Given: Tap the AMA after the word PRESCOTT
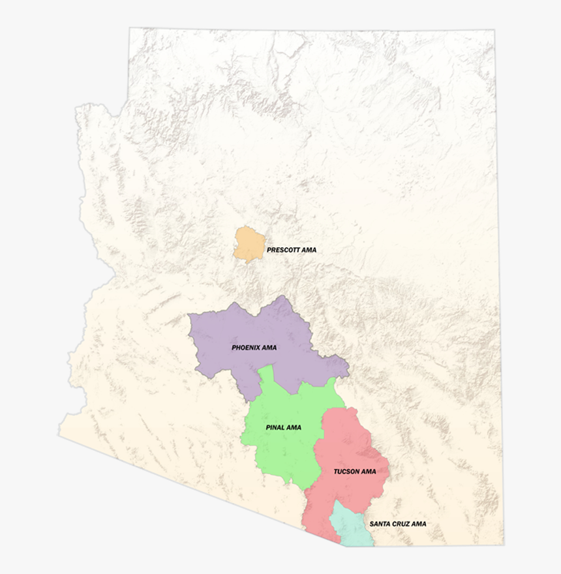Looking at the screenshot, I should pos(309,250).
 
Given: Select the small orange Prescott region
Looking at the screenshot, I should pos(248,244).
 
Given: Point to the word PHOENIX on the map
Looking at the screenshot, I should pos(246,348).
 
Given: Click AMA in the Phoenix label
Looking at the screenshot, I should pos(269,348).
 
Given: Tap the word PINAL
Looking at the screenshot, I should pos(275,428).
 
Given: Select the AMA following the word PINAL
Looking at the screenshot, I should pos(294,428).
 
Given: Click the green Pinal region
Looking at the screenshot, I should pos(280,450).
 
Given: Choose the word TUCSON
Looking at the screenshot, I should pos(346,472).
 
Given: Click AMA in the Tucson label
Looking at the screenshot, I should pos(369,472).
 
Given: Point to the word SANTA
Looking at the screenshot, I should pos(380,524).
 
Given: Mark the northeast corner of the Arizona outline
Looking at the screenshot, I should pos(494,30).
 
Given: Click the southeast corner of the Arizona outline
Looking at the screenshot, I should pos(503,544).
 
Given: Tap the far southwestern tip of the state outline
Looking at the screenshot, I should pos(60,436).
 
